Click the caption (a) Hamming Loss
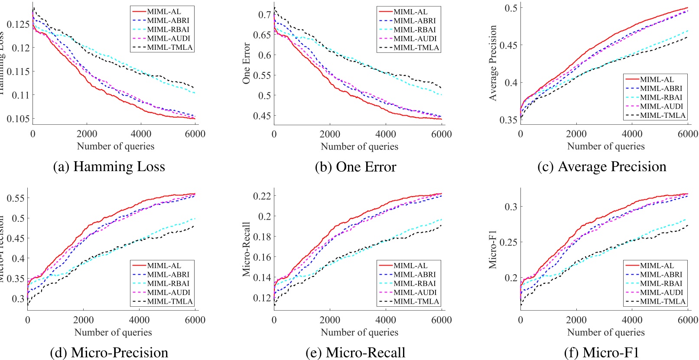109,167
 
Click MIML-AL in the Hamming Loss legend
164,12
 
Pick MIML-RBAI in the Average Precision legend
661,97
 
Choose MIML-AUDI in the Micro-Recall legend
414,292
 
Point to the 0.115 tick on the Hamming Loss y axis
18,71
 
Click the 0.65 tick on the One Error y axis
262,35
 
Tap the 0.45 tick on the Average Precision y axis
508,45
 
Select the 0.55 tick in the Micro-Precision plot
15,198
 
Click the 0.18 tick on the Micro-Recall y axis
262,237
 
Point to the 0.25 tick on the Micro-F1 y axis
508,242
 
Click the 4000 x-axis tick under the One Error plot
385,134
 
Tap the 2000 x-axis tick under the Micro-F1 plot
576,320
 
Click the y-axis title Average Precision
493,63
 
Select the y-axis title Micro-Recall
246,249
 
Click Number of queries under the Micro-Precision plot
113,332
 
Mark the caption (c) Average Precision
601,167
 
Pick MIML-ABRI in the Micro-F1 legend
661,275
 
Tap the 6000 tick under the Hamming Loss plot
195,134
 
